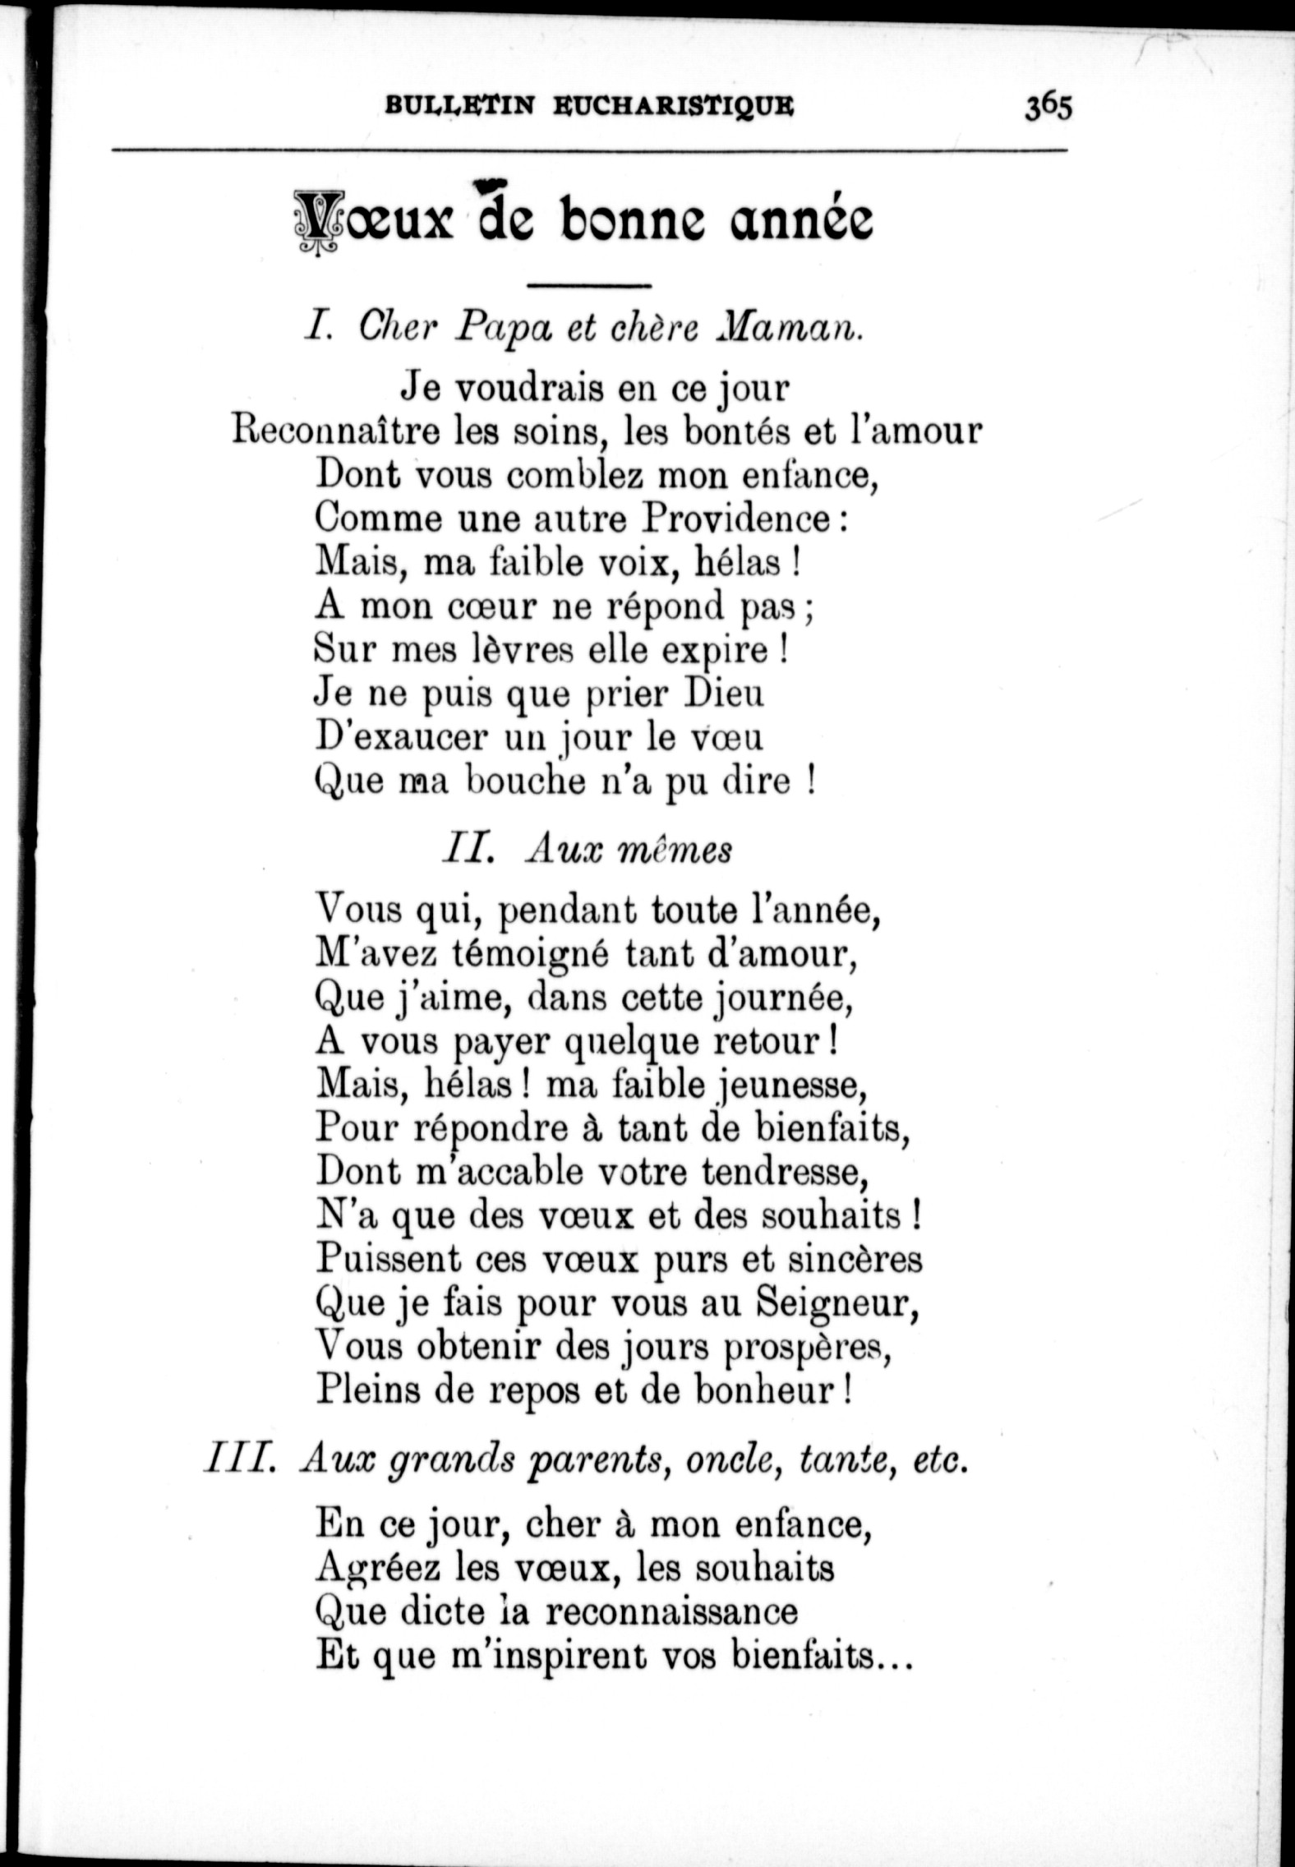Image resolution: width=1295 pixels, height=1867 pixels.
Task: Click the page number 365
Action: [1048, 108]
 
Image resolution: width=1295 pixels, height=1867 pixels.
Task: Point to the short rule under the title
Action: [588, 286]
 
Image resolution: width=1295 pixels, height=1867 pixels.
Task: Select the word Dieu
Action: [724, 694]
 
